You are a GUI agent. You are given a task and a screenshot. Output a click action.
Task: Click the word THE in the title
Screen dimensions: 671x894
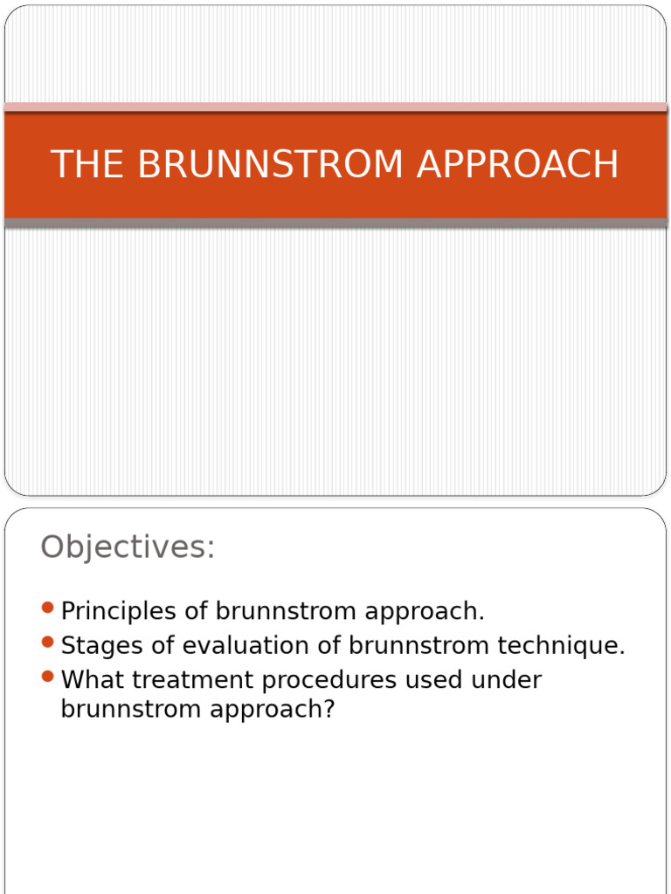tap(87, 163)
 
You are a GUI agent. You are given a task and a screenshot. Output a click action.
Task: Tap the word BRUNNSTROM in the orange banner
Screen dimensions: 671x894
tap(270, 163)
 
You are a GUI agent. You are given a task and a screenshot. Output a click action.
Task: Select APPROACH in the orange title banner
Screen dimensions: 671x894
tap(518, 163)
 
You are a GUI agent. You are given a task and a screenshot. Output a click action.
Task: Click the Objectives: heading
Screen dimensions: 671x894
tap(128, 547)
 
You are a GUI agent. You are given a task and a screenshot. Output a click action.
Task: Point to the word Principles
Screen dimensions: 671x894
tap(118, 612)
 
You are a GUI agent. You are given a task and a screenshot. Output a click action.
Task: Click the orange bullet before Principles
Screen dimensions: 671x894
tap(48, 608)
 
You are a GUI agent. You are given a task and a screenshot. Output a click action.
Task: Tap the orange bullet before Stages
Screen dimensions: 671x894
tap(48, 642)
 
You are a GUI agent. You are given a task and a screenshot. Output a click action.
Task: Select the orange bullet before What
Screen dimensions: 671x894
tap(48, 677)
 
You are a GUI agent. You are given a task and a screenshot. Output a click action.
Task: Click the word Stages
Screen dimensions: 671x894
tap(102, 647)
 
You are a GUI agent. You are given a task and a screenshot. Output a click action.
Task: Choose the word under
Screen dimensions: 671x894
tap(506, 679)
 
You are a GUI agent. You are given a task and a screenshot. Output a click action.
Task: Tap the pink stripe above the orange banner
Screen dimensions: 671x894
tap(335, 107)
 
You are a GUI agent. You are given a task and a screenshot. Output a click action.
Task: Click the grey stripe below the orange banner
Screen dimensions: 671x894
tap(335, 223)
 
